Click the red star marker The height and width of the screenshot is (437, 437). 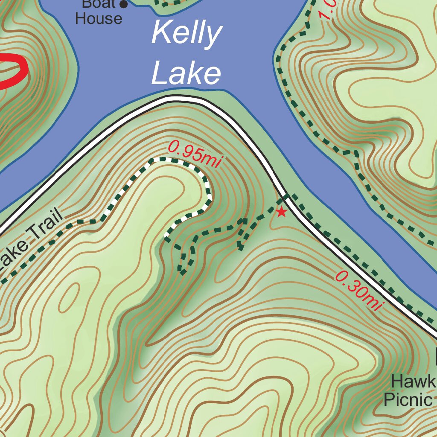tap(281, 211)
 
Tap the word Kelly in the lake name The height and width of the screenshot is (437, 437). tap(186, 34)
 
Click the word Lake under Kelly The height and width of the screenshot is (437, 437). tap(186, 73)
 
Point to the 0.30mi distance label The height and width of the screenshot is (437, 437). tap(358, 291)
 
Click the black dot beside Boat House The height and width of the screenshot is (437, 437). tap(124, 5)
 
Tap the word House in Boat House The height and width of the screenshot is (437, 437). tap(99, 19)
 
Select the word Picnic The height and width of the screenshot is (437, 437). tap(408, 400)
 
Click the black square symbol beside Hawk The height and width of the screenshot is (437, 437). tap(435, 357)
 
